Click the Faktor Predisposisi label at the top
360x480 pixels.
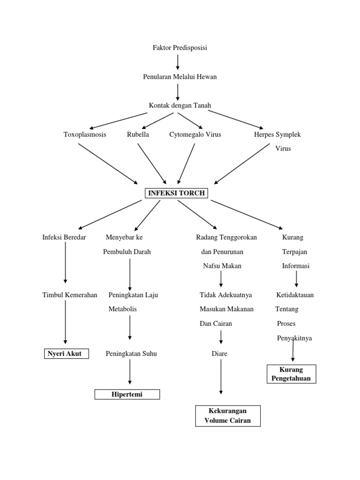pyautogui.click(x=180, y=48)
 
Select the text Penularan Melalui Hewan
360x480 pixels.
pyautogui.click(x=180, y=77)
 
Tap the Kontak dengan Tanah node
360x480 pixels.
pyautogui.click(x=180, y=105)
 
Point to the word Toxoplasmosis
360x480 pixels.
pyautogui.click(x=85, y=135)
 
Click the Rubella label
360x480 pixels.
pyautogui.click(x=138, y=135)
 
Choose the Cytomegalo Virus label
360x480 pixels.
pyautogui.click(x=195, y=135)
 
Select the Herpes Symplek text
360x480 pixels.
pyautogui.click(x=277, y=135)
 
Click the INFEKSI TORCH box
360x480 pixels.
pyautogui.click(x=177, y=193)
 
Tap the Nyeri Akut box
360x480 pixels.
pyautogui.click(x=65, y=353)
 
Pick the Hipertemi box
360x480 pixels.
pyautogui.click(x=127, y=395)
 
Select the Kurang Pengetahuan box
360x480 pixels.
pyautogui.click(x=291, y=374)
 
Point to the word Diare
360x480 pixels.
pyautogui.click(x=219, y=354)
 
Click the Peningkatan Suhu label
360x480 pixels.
pyautogui.click(x=131, y=354)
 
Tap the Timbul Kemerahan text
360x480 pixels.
pyautogui.click(x=70, y=295)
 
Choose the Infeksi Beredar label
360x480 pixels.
pyautogui.click(x=64, y=238)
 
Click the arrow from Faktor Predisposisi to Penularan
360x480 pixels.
pyautogui.click(x=178, y=62)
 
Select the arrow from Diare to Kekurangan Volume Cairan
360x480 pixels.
pyautogui.click(x=221, y=377)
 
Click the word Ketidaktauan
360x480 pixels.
pyautogui.click(x=295, y=295)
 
